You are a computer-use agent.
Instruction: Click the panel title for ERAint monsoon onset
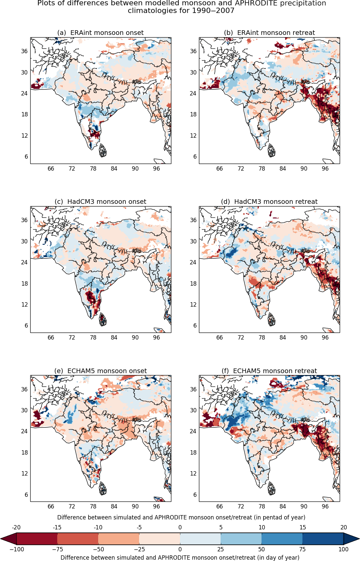tap(100, 33)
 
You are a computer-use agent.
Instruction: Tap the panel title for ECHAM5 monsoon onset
tap(100, 371)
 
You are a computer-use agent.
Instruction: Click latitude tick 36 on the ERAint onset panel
tap(24, 51)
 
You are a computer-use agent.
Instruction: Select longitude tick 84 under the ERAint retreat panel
tap(283, 169)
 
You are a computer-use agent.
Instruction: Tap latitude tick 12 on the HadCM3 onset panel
tap(24, 305)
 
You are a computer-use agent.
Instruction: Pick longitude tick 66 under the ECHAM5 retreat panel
tap(220, 506)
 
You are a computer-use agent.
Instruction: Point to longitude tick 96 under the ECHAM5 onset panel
tap(156, 506)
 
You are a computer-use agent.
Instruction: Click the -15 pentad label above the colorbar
tap(57, 527)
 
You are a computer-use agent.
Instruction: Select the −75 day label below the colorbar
tap(57, 549)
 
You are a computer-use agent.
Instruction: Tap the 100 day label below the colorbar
tap(343, 549)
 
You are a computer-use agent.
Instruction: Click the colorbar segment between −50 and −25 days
tap(118, 539)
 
